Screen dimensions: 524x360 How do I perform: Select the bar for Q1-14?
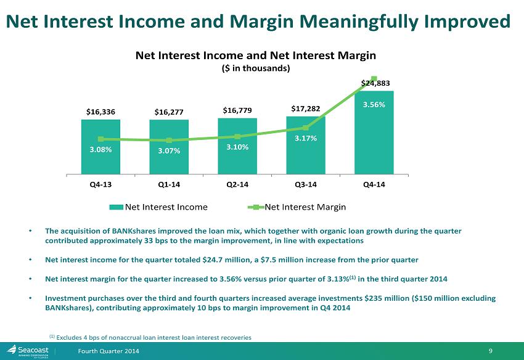[169, 147]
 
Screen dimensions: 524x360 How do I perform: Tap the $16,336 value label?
[100, 112]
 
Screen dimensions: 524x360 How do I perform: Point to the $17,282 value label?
[305, 108]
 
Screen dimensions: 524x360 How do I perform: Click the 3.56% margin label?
[374, 105]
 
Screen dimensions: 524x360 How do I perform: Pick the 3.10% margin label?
[237, 147]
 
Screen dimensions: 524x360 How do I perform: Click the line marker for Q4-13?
[100, 139]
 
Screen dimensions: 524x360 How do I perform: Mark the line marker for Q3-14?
[305, 128]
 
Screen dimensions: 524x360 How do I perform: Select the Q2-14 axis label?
[237, 184]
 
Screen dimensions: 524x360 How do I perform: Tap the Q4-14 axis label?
[374, 184]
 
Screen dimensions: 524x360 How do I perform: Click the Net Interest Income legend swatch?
[117, 207]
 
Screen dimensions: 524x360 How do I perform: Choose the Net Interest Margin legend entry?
[297, 207]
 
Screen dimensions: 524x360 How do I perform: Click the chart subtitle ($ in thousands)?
[256, 68]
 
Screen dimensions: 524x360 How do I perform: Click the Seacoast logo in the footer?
[28, 351]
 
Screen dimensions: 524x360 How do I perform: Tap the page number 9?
[491, 351]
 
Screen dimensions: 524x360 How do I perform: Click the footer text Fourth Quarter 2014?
[108, 351]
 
